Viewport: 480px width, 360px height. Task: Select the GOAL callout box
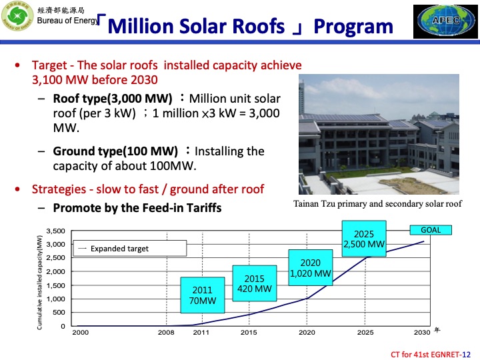pyautogui.click(x=431, y=230)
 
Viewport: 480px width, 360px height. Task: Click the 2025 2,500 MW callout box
pyautogui.click(x=364, y=239)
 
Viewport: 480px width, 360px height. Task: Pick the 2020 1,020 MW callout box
pyautogui.click(x=310, y=268)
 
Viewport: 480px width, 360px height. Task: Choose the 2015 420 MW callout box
pyautogui.click(x=254, y=283)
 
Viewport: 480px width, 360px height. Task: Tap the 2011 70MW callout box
pyautogui.click(x=202, y=295)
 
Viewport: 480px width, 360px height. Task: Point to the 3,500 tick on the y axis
pyautogui.click(x=56, y=231)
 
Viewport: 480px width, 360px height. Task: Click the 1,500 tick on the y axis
pyautogui.click(x=56, y=285)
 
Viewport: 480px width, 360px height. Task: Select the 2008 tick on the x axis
pyautogui.click(x=166, y=332)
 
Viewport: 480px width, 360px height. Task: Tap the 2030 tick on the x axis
pyautogui.click(x=421, y=332)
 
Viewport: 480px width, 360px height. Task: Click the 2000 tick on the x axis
pyautogui.click(x=80, y=332)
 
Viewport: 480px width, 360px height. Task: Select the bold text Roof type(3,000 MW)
pyautogui.click(x=113, y=99)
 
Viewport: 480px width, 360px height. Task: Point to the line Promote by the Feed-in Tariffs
pyautogui.click(x=137, y=208)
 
